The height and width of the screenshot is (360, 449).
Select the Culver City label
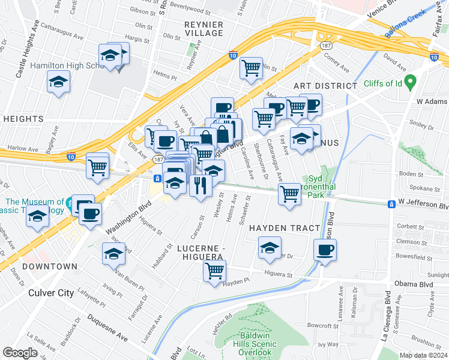coord(51,293)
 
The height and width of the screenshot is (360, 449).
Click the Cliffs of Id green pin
coord(411,80)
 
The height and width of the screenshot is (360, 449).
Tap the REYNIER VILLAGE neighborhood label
coord(203,28)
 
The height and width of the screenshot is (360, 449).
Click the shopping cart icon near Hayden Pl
coord(215,271)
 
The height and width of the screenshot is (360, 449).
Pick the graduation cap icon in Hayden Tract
coord(270,247)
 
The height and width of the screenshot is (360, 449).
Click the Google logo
coord(19,353)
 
